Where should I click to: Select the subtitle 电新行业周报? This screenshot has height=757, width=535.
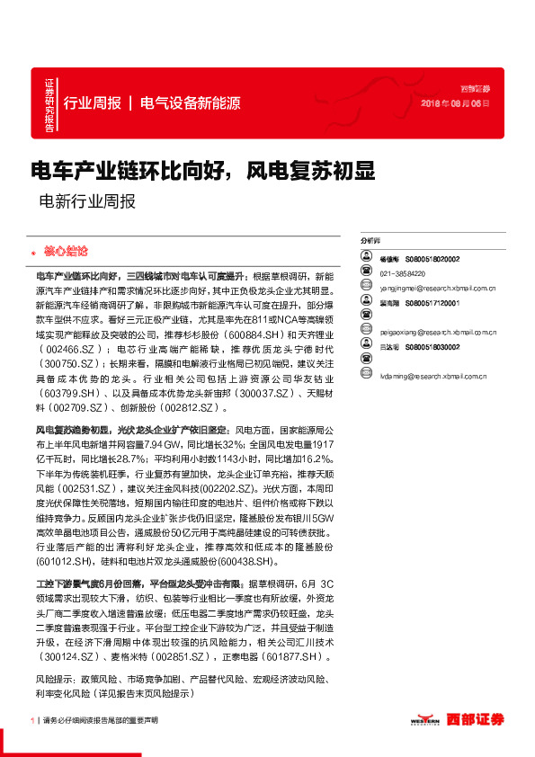(88, 201)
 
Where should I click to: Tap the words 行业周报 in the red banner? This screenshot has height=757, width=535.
(93, 102)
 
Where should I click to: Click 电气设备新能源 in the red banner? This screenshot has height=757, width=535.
(191, 102)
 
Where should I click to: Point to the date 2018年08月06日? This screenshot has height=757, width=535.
(456, 104)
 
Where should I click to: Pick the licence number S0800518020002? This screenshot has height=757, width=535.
(432, 258)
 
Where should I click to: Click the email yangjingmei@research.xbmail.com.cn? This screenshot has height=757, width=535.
(438, 289)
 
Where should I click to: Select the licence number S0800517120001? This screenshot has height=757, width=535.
(432, 304)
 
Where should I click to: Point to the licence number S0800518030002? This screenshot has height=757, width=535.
(432, 346)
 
